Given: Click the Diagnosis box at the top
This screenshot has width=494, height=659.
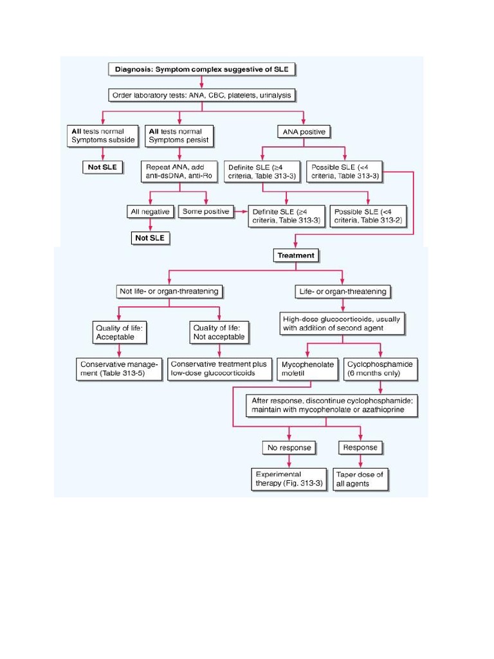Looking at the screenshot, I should click(x=202, y=69).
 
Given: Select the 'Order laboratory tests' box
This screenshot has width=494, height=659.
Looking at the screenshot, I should click(x=202, y=95).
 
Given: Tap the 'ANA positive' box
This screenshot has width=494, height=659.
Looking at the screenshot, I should click(x=304, y=133).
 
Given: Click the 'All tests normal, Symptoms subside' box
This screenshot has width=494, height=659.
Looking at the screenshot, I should click(x=103, y=136).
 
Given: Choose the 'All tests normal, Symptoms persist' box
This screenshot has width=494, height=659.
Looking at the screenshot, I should click(x=179, y=136).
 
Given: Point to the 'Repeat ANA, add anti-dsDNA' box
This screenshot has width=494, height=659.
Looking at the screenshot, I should click(x=179, y=172).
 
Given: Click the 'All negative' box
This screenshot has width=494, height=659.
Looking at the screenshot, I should click(x=150, y=212).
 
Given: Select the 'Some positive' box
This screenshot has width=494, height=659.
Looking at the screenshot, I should click(x=206, y=212).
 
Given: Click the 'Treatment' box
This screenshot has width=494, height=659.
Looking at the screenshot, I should click(x=296, y=255).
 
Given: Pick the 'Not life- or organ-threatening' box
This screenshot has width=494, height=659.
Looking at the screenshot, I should click(x=169, y=292).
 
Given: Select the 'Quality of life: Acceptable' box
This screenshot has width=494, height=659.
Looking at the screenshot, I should click(x=119, y=332).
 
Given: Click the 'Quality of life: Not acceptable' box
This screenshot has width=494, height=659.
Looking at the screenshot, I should click(x=219, y=332).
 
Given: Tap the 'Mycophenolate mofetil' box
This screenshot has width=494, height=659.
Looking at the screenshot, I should click(x=308, y=369).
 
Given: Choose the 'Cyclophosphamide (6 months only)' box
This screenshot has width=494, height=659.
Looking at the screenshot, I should click(x=380, y=369).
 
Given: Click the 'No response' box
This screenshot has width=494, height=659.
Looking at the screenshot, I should click(x=289, y=447).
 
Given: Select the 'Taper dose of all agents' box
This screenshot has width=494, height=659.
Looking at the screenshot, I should click(x=360, y=479).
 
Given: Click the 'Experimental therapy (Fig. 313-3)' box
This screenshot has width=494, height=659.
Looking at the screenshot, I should click(x=289, y=479).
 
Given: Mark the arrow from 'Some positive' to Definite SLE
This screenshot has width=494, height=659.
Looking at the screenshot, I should click(x=240, y=212).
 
